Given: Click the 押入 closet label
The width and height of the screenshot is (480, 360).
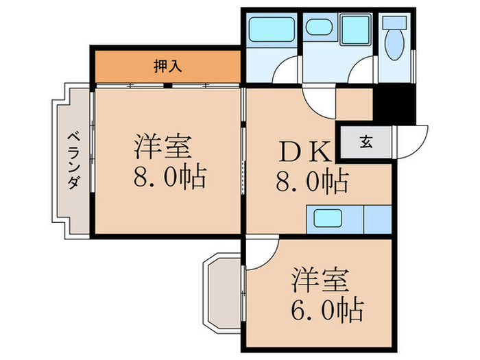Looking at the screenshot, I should [x=167, y=66].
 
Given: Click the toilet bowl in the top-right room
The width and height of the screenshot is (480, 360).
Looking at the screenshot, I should [x=396, y=45].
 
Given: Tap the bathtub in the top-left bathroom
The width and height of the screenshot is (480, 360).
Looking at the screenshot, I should [x=270, y=29].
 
